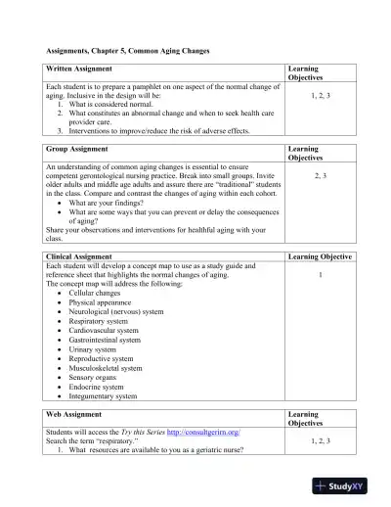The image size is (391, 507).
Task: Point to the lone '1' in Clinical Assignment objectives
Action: pos(321,275)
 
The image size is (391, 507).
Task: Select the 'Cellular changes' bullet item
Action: pos(102,293)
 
